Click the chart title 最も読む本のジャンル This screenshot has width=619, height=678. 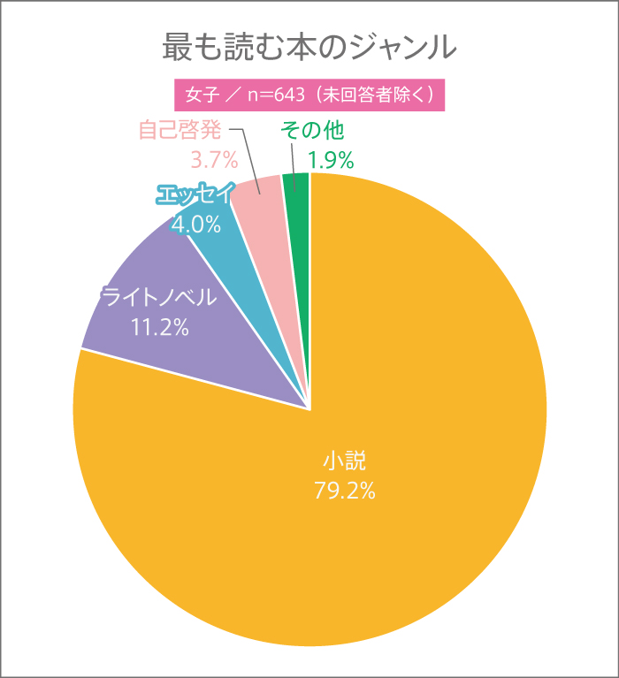[309, 47]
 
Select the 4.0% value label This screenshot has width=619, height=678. [196, 225]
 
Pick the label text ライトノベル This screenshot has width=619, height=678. [159, 298]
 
